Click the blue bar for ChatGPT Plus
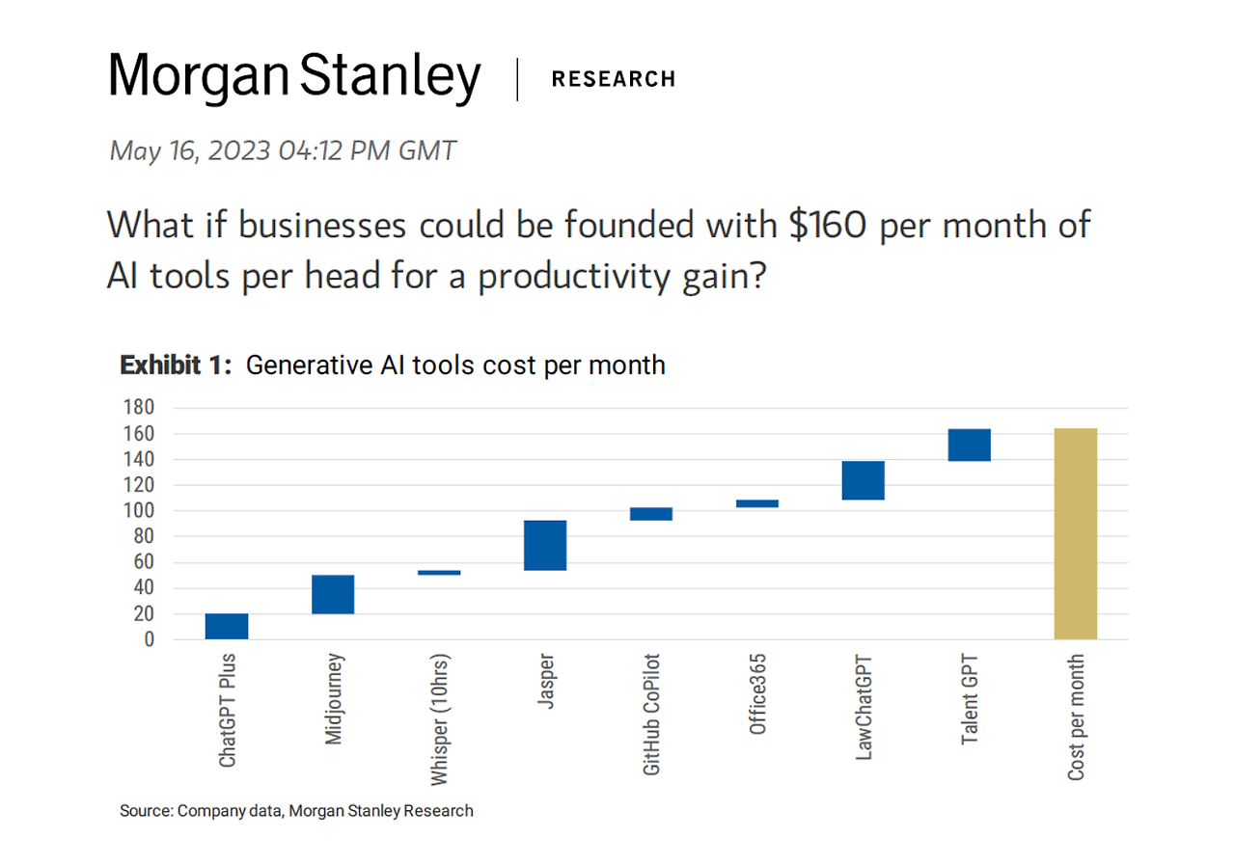[227, 626]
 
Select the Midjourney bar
[333, 594]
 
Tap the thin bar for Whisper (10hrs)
[439, 572]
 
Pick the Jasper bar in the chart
[545, 545]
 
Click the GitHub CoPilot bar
[651, 514]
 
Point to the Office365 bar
[757, 503]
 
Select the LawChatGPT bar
[864, 480]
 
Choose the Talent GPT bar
[970, 445]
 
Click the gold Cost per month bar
[1076, 533]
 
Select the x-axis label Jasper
[546, 684]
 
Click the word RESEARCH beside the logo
[614, 79]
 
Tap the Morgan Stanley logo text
[294, 77]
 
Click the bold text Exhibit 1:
[176, 365]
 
